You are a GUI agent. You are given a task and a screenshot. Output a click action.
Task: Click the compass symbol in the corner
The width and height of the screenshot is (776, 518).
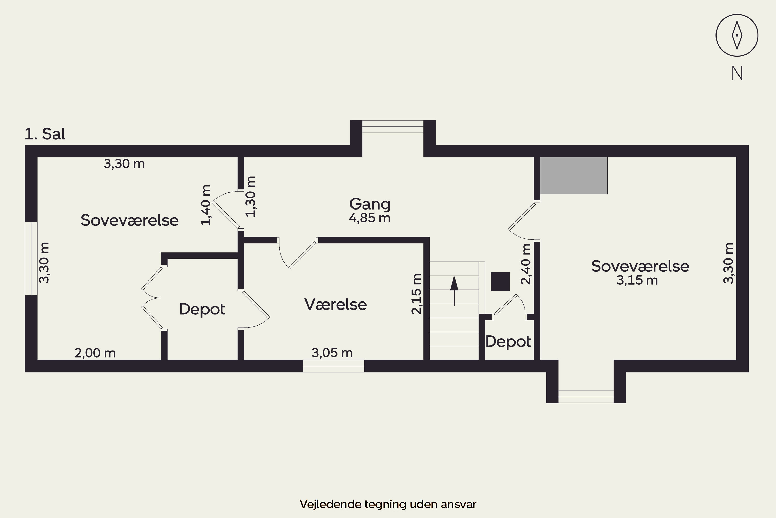click(737, 35)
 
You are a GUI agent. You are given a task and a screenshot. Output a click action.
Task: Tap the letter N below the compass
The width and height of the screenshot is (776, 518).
click(737, 73)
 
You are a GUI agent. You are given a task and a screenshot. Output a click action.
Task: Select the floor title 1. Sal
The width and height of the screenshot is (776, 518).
click(45, 134)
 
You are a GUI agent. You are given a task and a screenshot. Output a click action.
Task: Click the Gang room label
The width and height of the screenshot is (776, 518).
click(370, 204)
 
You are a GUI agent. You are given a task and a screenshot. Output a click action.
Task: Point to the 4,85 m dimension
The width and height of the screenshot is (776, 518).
click(370, 218)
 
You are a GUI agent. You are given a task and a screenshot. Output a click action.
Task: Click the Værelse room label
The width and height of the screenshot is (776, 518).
click(335, 304)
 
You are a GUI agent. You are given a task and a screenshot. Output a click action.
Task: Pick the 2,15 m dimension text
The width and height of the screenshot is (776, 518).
click(416, 294)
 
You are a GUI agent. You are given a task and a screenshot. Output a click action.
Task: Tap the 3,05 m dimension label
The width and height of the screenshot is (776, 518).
click(332, 353)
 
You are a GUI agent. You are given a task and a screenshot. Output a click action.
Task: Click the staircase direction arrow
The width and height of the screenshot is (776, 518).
click(454, 291)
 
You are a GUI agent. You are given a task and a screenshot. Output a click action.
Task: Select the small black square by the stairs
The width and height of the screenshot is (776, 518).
click(500, 282)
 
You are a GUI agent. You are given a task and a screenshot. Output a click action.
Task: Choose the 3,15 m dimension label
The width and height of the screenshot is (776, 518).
click(637, 280)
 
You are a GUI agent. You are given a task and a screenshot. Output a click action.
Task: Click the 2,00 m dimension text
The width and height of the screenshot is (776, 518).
click(95, 353)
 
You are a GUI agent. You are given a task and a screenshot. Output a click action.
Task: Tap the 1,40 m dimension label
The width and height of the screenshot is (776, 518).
click(206, 205)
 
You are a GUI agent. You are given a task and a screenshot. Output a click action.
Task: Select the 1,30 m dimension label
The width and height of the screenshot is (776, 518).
click(251, 197)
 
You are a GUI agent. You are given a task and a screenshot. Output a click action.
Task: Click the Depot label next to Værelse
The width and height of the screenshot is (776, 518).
click(202, 309)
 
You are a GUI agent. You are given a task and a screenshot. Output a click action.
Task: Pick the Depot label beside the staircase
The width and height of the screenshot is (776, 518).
click(508, 342)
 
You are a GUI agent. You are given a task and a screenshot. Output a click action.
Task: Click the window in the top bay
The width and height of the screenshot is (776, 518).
click(393, 127)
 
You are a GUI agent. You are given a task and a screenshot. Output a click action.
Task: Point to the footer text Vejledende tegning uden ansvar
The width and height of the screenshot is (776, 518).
click(388, 504)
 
